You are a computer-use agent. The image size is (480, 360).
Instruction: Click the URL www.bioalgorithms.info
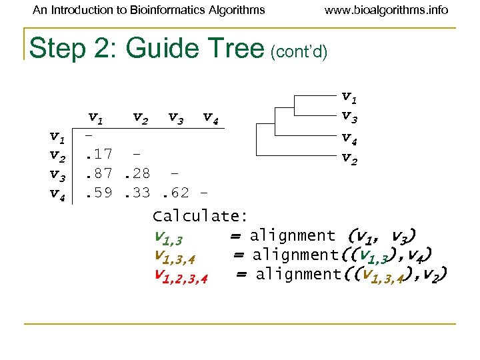click(x=387, y=10)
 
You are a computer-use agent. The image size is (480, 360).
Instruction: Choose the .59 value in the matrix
click(x=98, y=194)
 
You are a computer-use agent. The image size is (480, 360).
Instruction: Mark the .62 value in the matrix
click(x=174, y=194)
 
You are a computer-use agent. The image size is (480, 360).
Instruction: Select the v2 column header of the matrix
click(x=140, y=119)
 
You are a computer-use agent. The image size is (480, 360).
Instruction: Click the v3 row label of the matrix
click(x=57, y=175)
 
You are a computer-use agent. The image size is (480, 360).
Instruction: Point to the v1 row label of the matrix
click(x=57, y=137)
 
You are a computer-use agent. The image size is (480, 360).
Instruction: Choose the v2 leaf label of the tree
click(x=349, y=158)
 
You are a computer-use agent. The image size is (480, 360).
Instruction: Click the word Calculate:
click(x=200, y=216)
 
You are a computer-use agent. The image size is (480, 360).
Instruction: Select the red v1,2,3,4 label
click(x=181, y=275)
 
